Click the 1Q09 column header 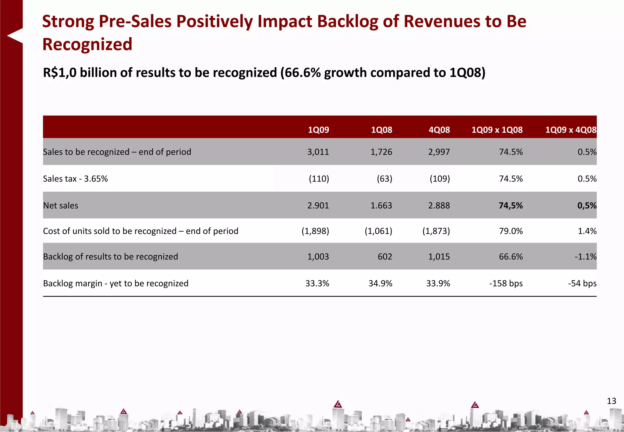318,130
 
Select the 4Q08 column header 439,130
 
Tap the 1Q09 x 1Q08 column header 497,130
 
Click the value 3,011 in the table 318,152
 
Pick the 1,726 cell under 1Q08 381,152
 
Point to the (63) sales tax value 384,179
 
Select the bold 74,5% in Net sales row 510,205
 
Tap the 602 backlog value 385,257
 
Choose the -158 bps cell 506,283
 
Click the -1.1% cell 585,257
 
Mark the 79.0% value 511,231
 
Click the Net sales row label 61,205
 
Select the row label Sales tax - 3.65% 75,179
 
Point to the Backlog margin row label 115,283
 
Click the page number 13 611,401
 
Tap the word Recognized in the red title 87,44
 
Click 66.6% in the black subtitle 300,73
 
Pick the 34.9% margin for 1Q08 380,283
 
